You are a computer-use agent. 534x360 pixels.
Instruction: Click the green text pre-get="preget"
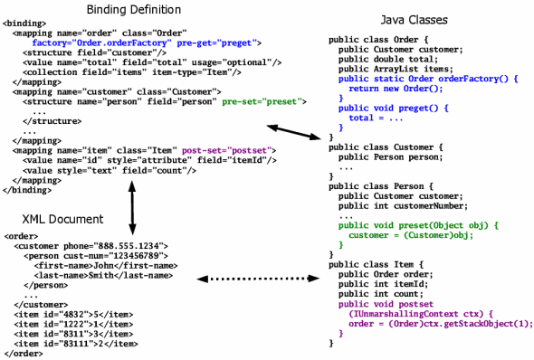click(x=221, y=42)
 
